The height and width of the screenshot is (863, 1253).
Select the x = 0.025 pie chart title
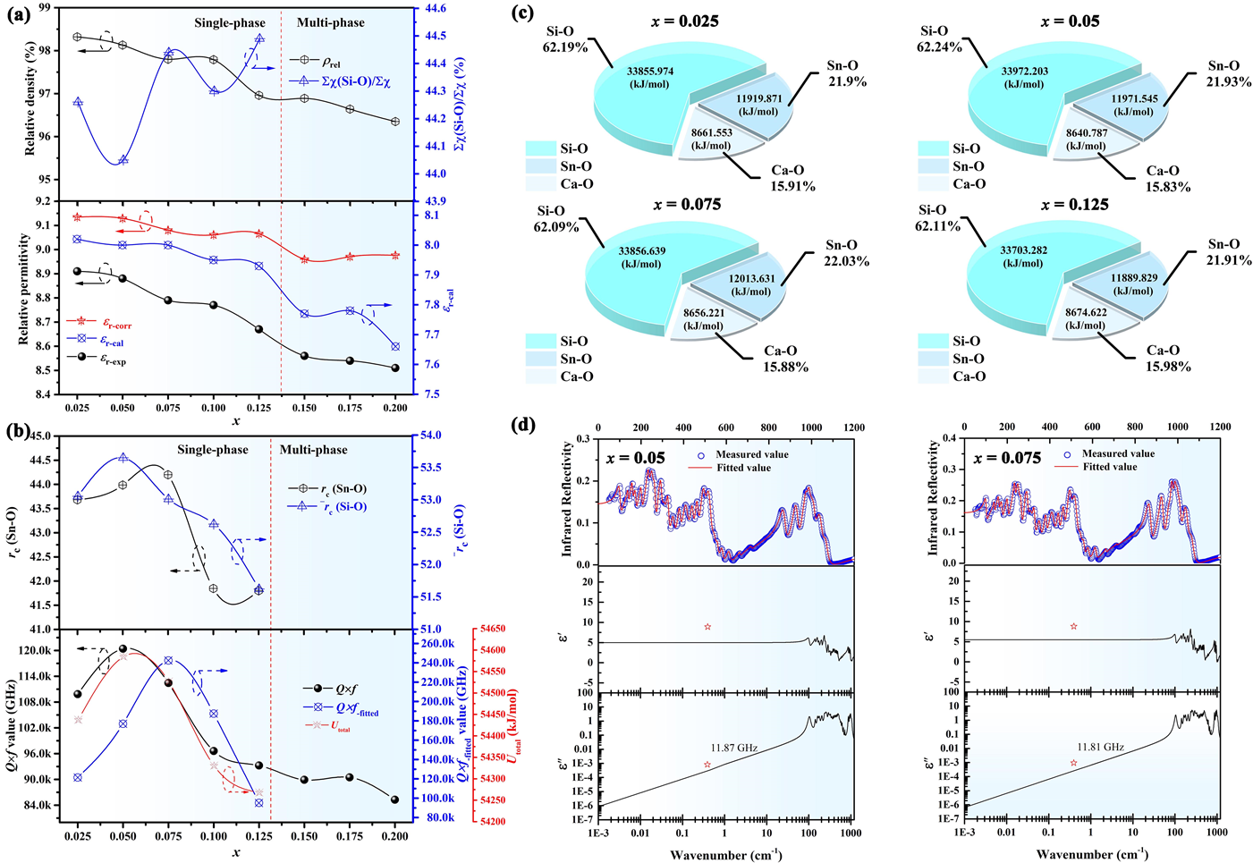(x=687, y=21)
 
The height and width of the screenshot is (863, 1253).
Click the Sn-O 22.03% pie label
(x=845, y=253)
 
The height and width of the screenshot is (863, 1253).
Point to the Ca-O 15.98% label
(x=1168, y=358)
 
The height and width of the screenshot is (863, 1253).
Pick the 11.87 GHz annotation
(x=734, y=748)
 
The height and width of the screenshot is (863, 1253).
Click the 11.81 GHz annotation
(x=1100, y=747)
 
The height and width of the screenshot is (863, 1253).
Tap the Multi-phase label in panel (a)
(x=331, y=22)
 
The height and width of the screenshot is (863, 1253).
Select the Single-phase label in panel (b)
(x=212, y=450)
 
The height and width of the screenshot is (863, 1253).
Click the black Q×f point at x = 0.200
(x=394, y=800)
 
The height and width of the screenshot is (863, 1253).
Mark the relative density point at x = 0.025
(x=77, y=37)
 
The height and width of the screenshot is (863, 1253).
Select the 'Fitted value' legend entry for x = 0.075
(x=1109, y=467)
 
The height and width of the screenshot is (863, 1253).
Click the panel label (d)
(x=522, y=425)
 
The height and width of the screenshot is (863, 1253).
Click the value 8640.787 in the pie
(x=1087, y=133)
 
